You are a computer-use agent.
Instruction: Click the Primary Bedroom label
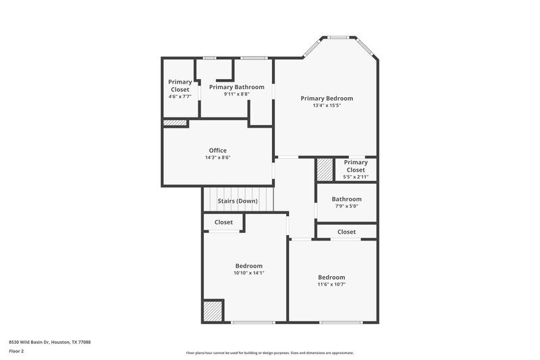tap(326, 98)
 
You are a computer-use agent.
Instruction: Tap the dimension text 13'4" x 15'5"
tap(326, 105)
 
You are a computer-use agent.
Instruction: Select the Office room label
tap(217, 150)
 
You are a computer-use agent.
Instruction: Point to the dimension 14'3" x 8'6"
tap(217, 157)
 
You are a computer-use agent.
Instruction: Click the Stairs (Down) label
tap(238, 201)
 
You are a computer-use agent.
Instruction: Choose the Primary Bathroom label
tap(236, 86)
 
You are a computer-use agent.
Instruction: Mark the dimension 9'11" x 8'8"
tap(236, 94)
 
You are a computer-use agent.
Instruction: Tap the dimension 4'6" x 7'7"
tap(180, 97)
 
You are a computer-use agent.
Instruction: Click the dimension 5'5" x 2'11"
tap(356, 177)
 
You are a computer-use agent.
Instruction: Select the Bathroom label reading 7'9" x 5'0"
tap(346, 199)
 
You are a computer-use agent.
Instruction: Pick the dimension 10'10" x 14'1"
tap(248, 273)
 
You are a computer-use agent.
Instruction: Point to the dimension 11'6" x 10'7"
tap(331, 284)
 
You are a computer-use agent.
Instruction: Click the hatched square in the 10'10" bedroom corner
tap(213, 311)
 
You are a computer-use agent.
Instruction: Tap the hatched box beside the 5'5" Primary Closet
tap(325, 170)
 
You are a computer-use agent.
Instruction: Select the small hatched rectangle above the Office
tap(175, 123)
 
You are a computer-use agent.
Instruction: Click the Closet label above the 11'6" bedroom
tap(346, 232)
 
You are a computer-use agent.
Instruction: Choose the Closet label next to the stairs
tap(223, 222)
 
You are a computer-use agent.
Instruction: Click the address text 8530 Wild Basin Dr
tap(49, 342)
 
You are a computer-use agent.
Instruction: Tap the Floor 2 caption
tap(16, 351)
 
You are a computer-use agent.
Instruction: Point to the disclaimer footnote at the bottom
tap(269, 353)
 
